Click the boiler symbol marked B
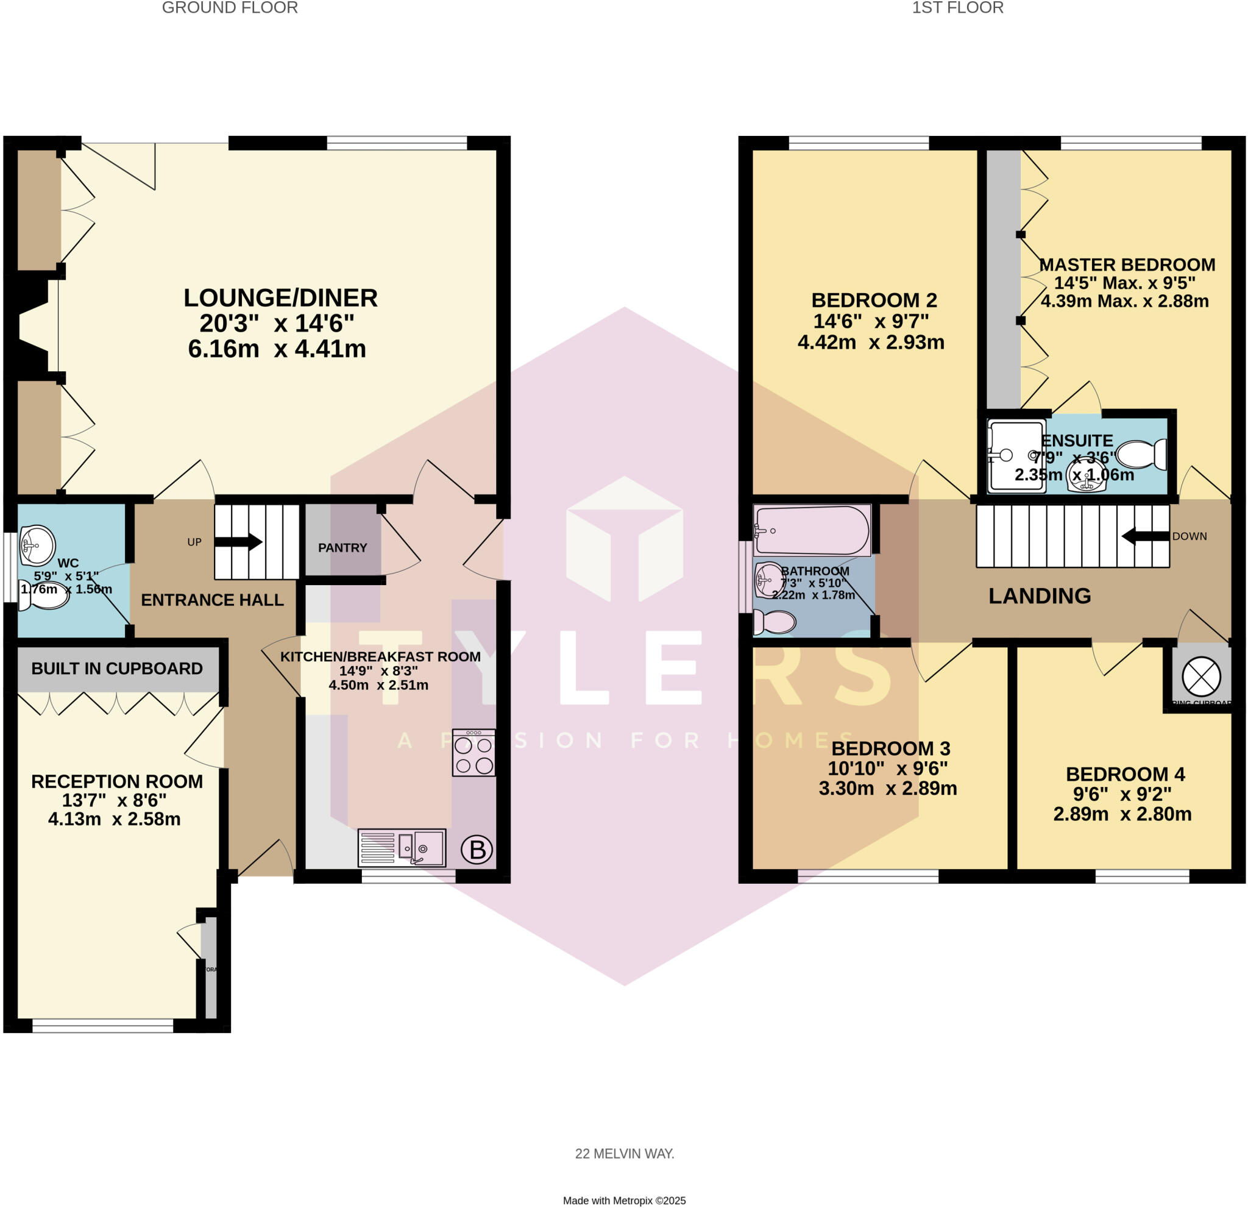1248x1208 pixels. tap(477, 850)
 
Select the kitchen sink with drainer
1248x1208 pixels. tap(402, 848)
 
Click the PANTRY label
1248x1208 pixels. tap(342, 548)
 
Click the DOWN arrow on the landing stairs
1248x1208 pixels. tap(1145, 536)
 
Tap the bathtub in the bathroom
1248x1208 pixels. tap(811, 530)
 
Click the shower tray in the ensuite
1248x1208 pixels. tap(1016, 455)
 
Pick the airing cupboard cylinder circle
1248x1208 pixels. tap(1201, 677)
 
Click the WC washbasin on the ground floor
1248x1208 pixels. tap(37, 545)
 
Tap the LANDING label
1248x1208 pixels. tap(1039, 595)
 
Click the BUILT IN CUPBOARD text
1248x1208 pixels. tap(117, 668)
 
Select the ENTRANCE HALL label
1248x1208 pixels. tap(212, 600)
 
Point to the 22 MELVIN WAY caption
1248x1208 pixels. tap(624, 1153)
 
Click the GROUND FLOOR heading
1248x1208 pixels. tap(230, 8)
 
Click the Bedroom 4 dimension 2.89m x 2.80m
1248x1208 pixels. tap(1122, 814)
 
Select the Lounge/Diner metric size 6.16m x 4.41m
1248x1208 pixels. tap(277, 349)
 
